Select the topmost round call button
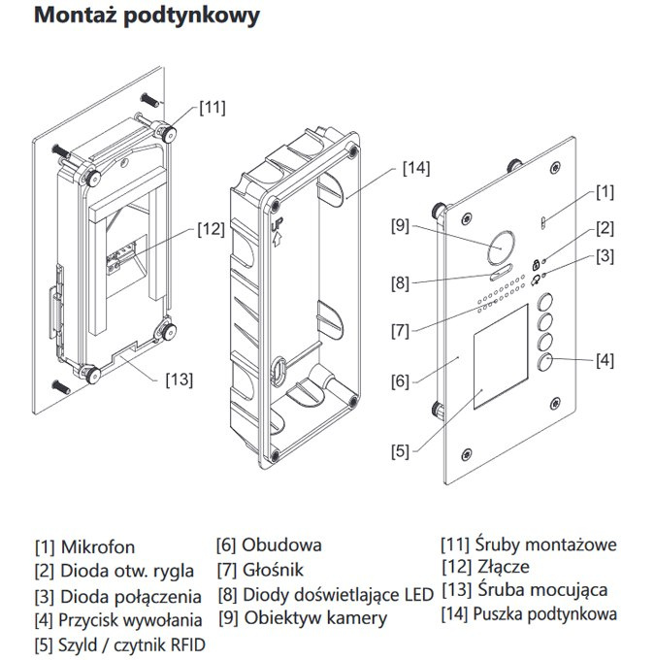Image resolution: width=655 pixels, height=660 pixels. point(546,302)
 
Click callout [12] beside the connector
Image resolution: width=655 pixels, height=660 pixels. point(211,229)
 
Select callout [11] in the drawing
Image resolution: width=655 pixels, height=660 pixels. point(213,108)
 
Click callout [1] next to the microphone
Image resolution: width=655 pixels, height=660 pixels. point(605,191)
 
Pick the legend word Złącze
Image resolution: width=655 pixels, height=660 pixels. point(503,567)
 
